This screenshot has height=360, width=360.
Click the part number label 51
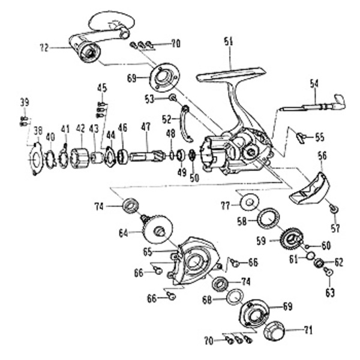(228, 41)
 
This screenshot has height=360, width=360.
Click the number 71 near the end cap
(308, 329)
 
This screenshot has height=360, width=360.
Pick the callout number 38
(37, 130)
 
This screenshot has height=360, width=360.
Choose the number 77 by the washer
(225, 205)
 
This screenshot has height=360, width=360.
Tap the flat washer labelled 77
(248, 203)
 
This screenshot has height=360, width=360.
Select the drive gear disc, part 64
(157, 229)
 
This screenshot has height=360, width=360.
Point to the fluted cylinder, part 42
(80, 158)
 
